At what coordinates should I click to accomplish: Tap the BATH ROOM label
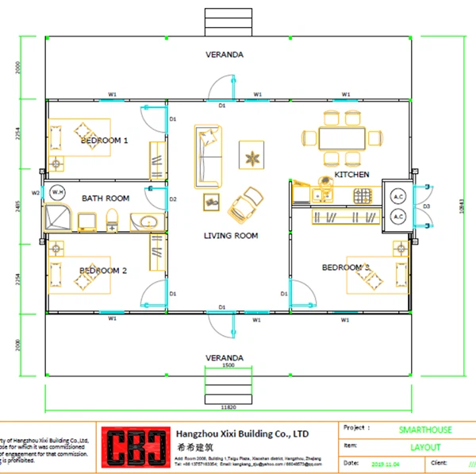(x=106, y=198)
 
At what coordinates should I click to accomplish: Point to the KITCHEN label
(x=351, y=174)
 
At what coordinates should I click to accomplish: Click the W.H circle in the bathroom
(x=57, y=192)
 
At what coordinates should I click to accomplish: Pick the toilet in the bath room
(x=112, y=219)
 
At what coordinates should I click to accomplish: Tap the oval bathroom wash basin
(x=146, y=222)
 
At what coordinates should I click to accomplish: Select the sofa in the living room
(x=205, y=154)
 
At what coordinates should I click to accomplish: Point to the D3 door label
(x=426, y=206)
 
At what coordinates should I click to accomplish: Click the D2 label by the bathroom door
(x=173, y=198)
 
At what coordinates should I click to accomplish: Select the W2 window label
(x=36, y=192)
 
